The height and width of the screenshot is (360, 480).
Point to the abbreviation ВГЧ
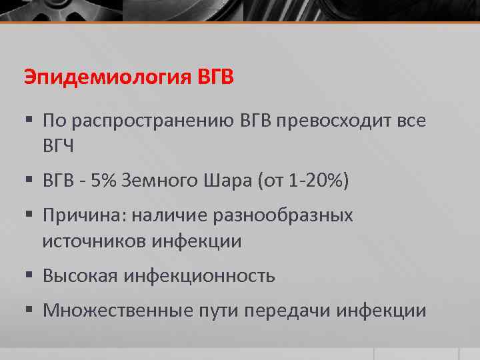(x=58, y=146)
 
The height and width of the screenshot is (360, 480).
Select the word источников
(x=94, y=241)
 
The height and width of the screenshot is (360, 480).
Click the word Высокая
(x=79, y=275)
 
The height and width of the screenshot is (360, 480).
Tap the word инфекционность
(x=199, y=275)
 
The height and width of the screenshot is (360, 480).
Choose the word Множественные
(x=115, y=310)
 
